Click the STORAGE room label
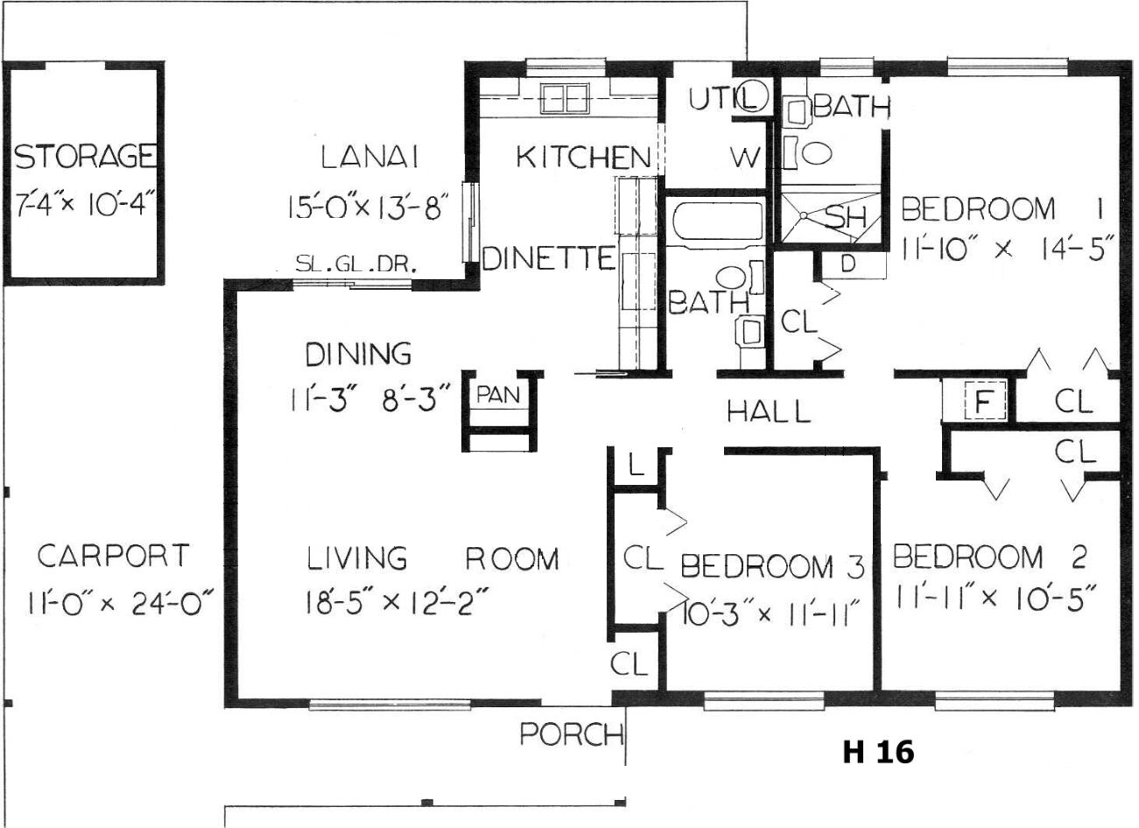point(85,156)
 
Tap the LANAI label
point(369,157)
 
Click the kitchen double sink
point(564,99)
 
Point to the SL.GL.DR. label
point(356,263)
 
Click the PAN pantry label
point(498,395)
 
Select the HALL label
point(769,410)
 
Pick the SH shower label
point(845,216)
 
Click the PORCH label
point(571,734)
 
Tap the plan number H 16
point(878,752)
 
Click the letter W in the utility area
point(745,158)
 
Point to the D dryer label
point(847,263)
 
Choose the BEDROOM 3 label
point(772,566)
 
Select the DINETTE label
point(549,257)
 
